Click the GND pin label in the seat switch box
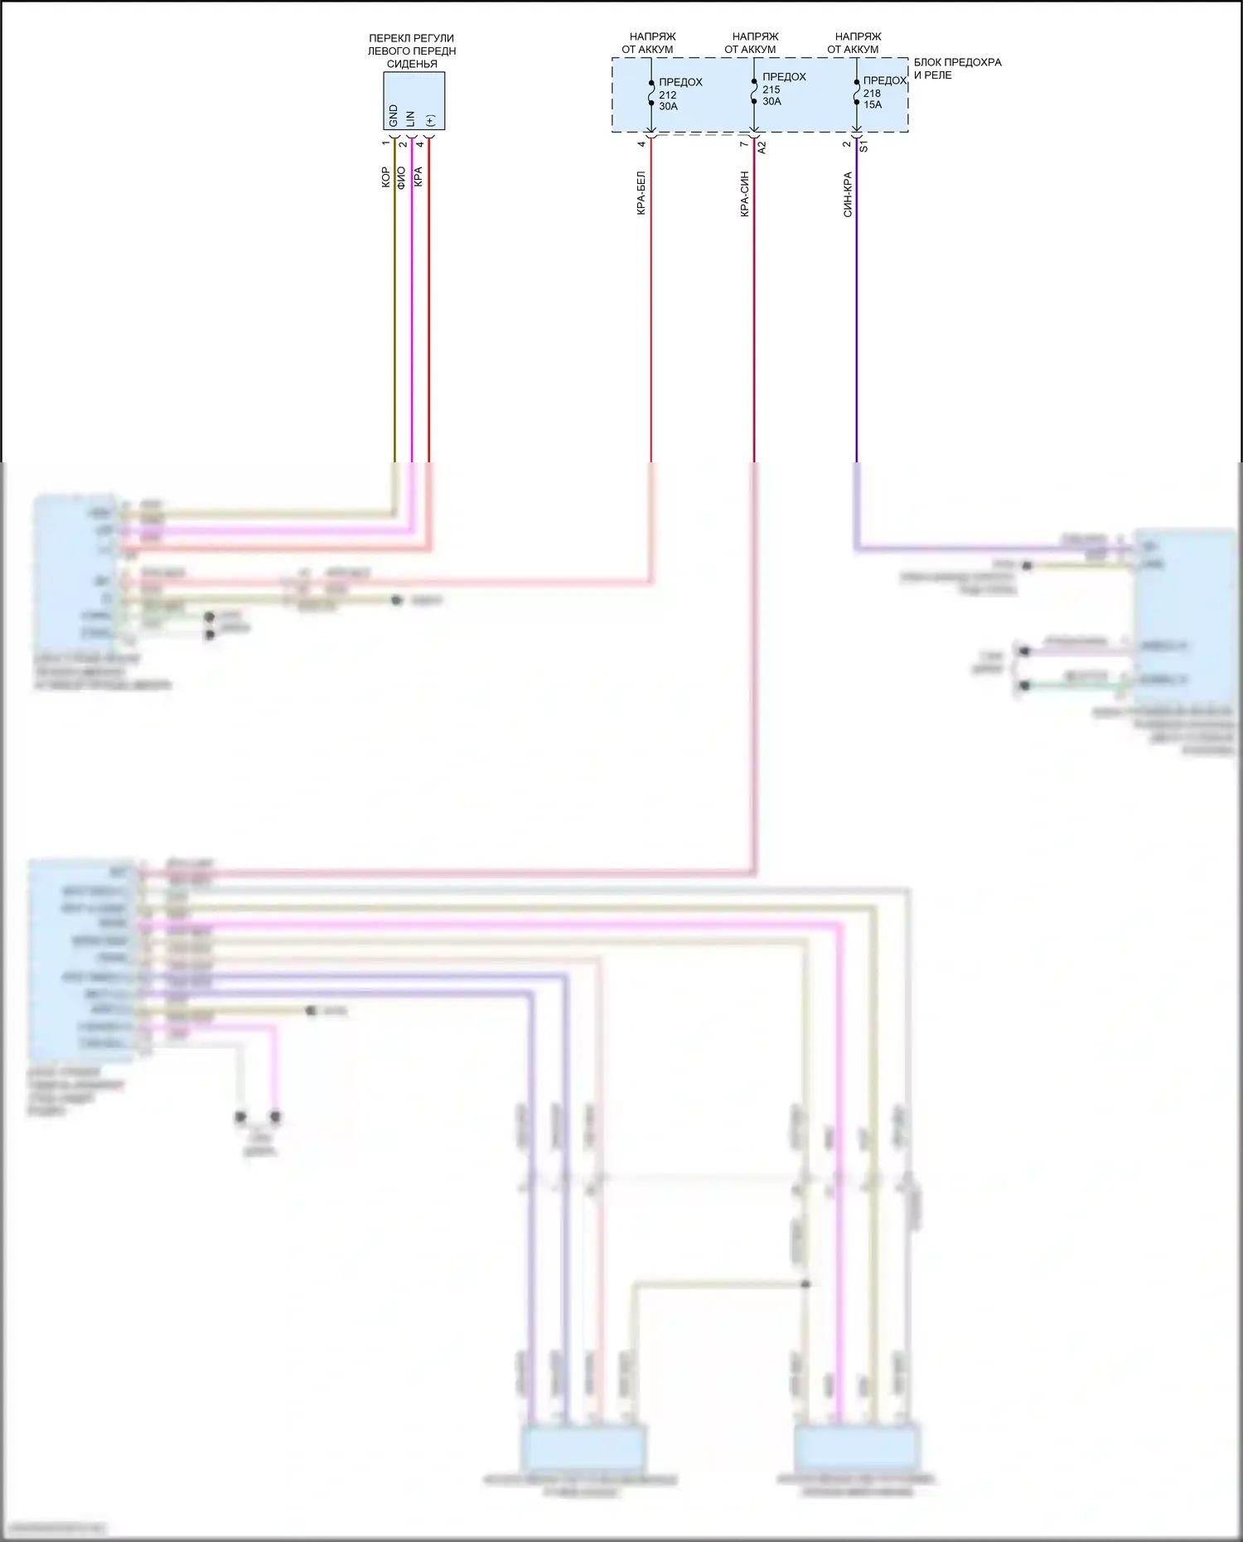click(x=394, y=115)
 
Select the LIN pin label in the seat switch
click(x=411, y=118)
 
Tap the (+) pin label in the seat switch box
click(x=429, y=120)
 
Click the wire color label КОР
click(x=385, y=177)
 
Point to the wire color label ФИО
click(x=402, y=177)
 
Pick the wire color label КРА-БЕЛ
click(x=641, y=194)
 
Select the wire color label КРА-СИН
click(x=744, y=194)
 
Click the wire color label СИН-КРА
click(x=847, y=195)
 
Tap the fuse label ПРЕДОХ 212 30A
click(x=680, y=94)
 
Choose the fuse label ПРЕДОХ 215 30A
click(x=783, y=89)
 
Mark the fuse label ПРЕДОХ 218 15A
click(x=883, y=93)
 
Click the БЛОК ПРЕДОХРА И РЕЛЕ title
click(x=957, y=69)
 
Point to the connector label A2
click(x=762, y=147)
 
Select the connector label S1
click(x=863, y=147)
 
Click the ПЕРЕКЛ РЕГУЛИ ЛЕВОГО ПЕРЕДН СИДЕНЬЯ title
click(x=412, y=51)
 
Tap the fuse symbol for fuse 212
click(x=651, y=93)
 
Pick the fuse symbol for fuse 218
click(x=857, y=92)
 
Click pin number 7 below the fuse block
click(x=743, y=144)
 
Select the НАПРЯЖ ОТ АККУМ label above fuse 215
click(x=754, y=43)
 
